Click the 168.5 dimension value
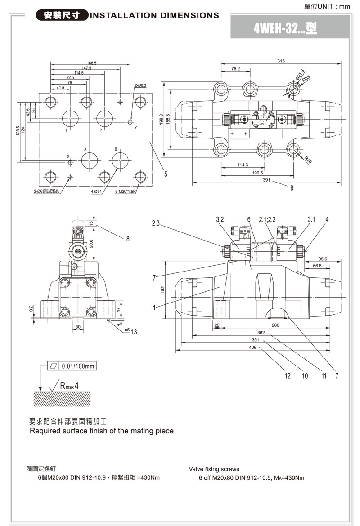[91, 63]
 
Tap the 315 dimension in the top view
[281, 61]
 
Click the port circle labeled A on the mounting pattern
[90, 160]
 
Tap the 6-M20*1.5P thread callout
[126, 191]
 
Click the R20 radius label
[307, 159]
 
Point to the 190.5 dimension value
[257, 173]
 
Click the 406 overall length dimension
[252, 347]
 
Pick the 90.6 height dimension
[91, 243]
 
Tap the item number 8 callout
[128, 239]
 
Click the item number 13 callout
[134, 332]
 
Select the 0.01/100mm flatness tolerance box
[72, 366]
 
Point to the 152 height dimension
[163, 290]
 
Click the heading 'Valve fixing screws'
[214, 469]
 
